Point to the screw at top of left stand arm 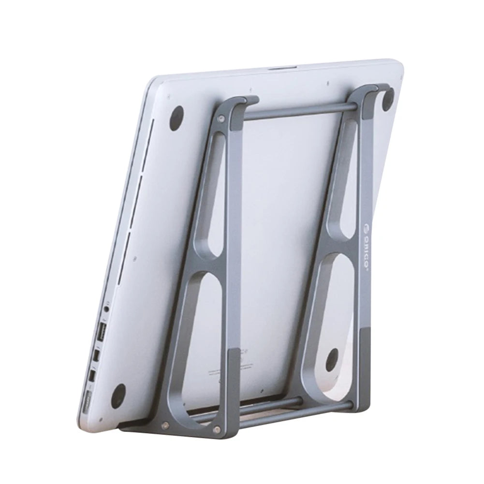(221, 117)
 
